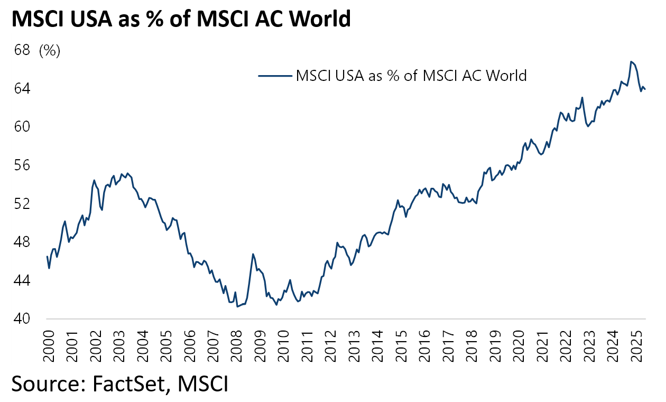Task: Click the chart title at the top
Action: point(181,19)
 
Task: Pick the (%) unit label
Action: point(50,51)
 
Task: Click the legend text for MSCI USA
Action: point(412,75)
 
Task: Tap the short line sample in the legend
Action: point(275,75)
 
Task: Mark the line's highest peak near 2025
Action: point(631,61)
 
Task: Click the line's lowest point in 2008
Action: point(237,306)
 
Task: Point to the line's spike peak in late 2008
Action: point(253,254)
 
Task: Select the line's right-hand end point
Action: point(645,89)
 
